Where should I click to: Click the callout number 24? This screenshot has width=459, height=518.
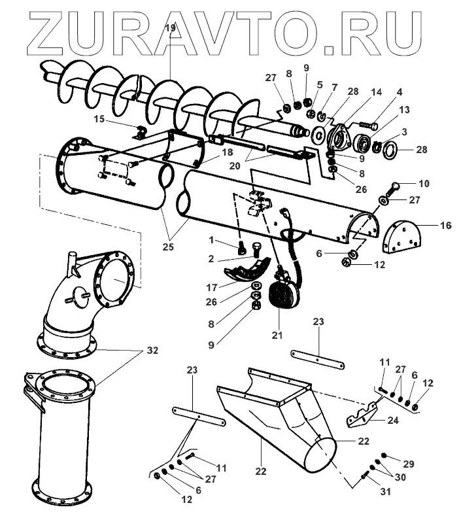tap(392, 421)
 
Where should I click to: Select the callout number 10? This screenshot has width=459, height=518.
tap(424, 184)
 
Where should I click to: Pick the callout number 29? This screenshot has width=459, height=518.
tap(409, 464)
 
